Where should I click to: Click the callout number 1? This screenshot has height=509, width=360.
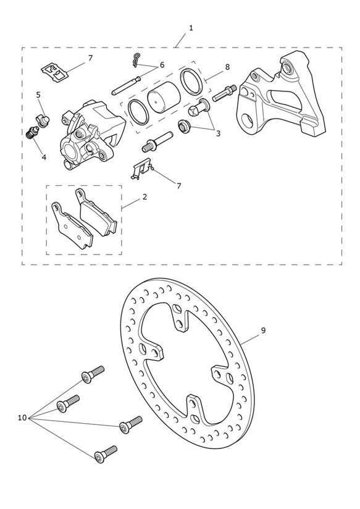tap(191, 28)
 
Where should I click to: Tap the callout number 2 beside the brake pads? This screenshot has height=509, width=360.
tap(144, 196)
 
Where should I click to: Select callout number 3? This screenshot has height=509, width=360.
tap(218, 133)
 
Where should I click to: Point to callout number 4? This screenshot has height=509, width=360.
tap(44, 158)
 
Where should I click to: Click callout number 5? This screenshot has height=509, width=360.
tap(38, 95)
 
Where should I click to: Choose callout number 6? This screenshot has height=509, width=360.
tap(162, 65)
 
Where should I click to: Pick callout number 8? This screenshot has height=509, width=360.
tap(227, 67)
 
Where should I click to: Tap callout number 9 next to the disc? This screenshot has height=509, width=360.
tap(263, 330)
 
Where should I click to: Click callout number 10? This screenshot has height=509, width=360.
tap(22, 418)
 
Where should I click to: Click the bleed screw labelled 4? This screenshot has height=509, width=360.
tap(33, 133)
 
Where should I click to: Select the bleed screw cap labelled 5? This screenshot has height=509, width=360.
tap(43, 119)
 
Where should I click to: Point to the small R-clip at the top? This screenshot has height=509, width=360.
tap(136, 60)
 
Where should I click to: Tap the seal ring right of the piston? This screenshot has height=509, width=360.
tap(191, 82)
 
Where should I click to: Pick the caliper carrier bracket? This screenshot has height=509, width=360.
tap(281, 98)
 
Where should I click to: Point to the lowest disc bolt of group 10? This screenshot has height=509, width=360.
tap(106, 454)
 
